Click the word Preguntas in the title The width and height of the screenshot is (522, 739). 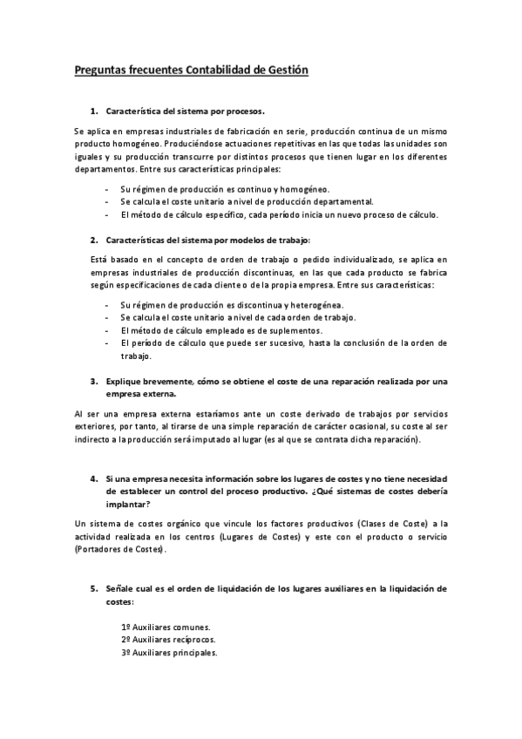pos(103,69)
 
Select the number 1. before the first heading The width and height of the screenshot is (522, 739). pos(93,112)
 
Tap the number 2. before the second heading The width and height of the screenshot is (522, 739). pos(93,239)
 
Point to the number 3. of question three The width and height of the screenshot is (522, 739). pos(93,381)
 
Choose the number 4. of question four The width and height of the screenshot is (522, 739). pos(93,479)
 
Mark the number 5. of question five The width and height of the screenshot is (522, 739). pos(93,589)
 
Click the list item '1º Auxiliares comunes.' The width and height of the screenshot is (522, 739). pos(166,627)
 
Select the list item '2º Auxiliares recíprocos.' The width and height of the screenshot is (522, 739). pos(168,640)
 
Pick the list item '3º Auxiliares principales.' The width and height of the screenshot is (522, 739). pos(170,652)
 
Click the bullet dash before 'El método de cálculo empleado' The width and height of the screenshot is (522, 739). pos(106,330)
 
